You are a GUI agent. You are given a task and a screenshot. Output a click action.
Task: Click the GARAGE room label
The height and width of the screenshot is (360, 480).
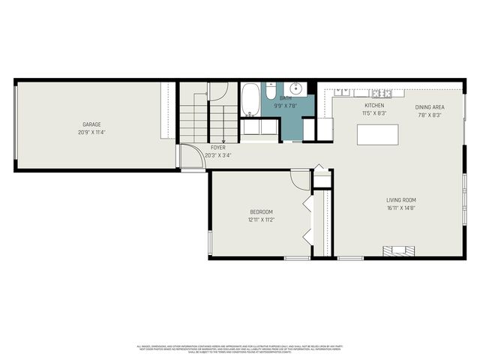coord(91,124)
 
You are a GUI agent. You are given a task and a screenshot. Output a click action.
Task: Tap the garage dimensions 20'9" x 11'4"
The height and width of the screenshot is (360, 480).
coord(91,133)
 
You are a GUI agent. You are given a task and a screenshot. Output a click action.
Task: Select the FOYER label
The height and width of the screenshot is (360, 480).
coord(218,148)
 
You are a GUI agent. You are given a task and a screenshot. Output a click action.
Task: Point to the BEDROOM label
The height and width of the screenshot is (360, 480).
coord(261,211)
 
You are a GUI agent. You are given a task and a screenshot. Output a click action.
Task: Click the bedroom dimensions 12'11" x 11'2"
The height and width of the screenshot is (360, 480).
coord(261,220)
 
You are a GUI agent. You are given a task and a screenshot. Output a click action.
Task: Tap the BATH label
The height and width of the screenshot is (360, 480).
coord(286,98)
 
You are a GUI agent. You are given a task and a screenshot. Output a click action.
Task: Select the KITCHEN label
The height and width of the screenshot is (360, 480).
coord(374,106)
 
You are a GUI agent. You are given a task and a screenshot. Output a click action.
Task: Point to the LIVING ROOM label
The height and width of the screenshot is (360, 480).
coord(401,199)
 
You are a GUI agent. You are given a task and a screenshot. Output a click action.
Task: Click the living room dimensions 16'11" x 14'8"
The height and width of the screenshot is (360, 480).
coord(401,208)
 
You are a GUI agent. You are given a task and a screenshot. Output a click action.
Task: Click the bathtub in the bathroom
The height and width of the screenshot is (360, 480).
coord(250,100)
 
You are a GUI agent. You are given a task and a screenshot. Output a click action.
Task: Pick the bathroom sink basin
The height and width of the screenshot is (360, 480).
coord(297,88)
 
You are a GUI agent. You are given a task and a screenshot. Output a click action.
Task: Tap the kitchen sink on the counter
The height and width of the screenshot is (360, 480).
coord(343,92)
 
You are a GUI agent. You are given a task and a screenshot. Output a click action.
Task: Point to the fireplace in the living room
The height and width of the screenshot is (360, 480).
coord(398,251)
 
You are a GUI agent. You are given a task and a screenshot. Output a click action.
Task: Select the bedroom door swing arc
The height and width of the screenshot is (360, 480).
coord(300,181)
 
